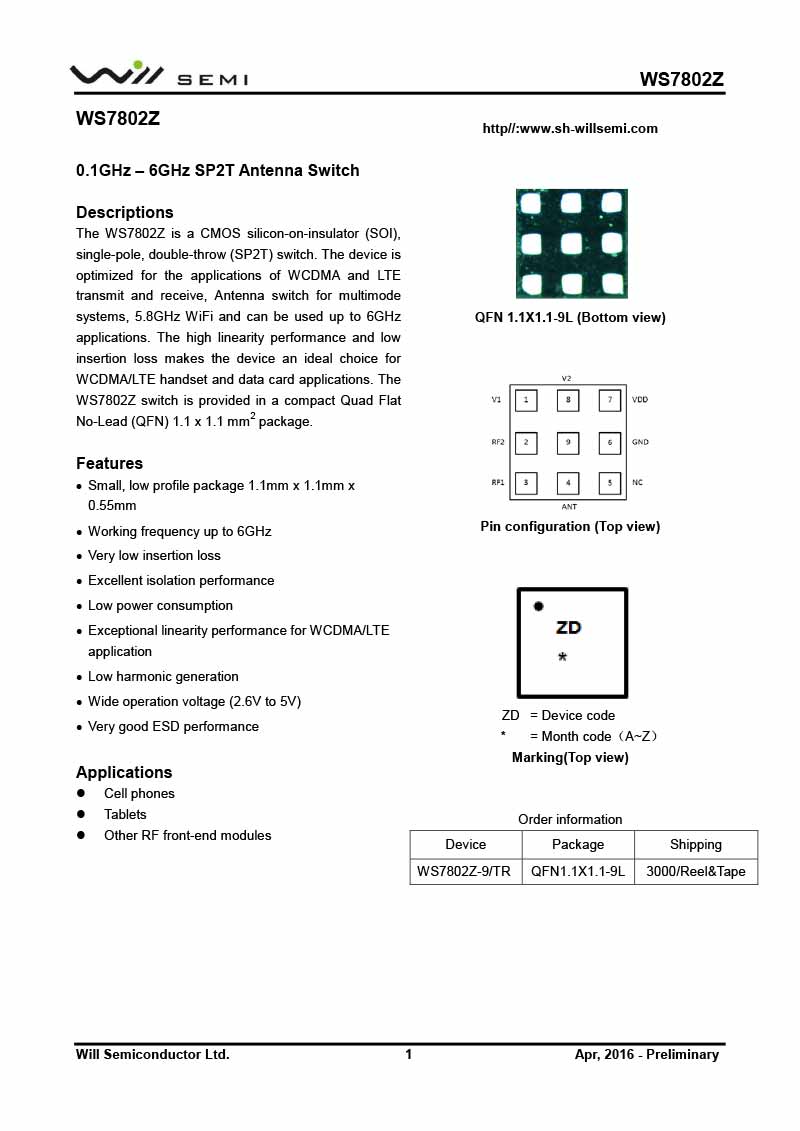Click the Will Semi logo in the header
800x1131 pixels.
click(158, 74)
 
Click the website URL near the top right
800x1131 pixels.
click(570, 128)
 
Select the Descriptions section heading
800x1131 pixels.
click(125, 212)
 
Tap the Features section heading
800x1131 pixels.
click(110, 463)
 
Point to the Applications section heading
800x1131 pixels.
click(124, 772)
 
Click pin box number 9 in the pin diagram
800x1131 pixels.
click(568, 441)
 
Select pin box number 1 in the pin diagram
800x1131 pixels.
click(526, 400)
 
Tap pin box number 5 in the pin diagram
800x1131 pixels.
click(610, 483)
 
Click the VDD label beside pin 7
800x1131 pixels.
click(640, 399)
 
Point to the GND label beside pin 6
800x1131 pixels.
click(640, 441)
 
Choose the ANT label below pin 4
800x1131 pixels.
click(568, 507)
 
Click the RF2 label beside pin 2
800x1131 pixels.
click(497, 441)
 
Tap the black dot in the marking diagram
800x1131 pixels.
click(538, 606)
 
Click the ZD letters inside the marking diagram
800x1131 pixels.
click(568, 628)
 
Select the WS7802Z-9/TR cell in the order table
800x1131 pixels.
click(465, 871)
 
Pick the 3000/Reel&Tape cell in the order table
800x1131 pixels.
click(696, 871)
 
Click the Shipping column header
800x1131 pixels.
click(696, 844)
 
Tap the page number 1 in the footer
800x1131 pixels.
click(408, 1054)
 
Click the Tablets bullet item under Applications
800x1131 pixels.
click(125, 814)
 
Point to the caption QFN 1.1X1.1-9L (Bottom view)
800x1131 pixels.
click(570, 317)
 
